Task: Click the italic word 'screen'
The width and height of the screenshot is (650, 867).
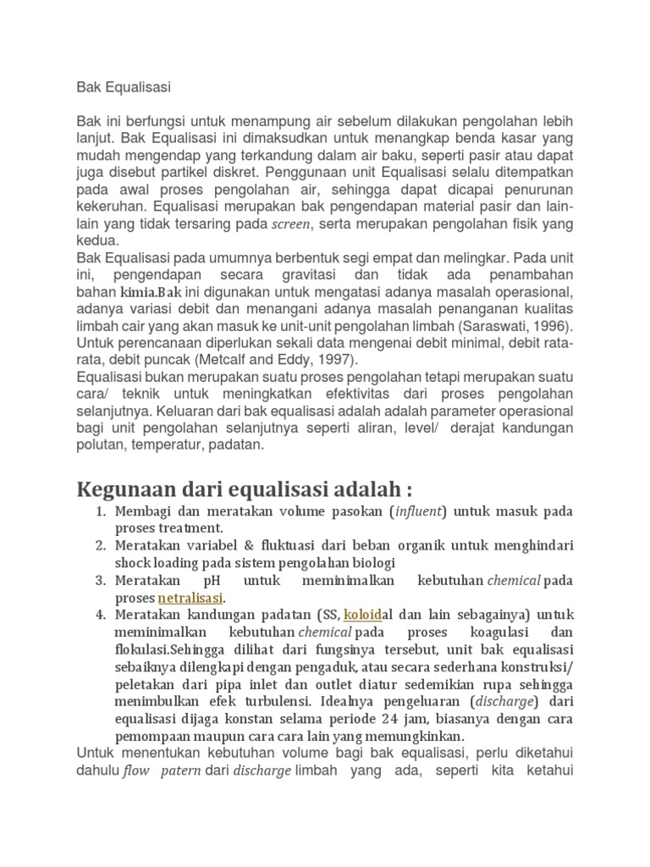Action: coord(291,224)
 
